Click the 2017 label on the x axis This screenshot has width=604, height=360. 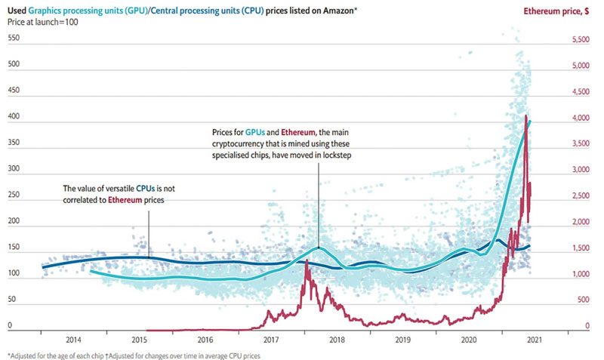tap(272, 340)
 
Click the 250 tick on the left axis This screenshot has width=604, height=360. tap(13, 198)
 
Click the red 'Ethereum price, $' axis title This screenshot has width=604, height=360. tap(559, 11)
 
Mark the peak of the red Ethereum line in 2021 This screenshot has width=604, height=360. tap(525, 115)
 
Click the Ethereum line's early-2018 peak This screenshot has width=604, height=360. tap(307, 261)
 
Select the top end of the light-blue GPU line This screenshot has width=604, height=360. tap(529, 121)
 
